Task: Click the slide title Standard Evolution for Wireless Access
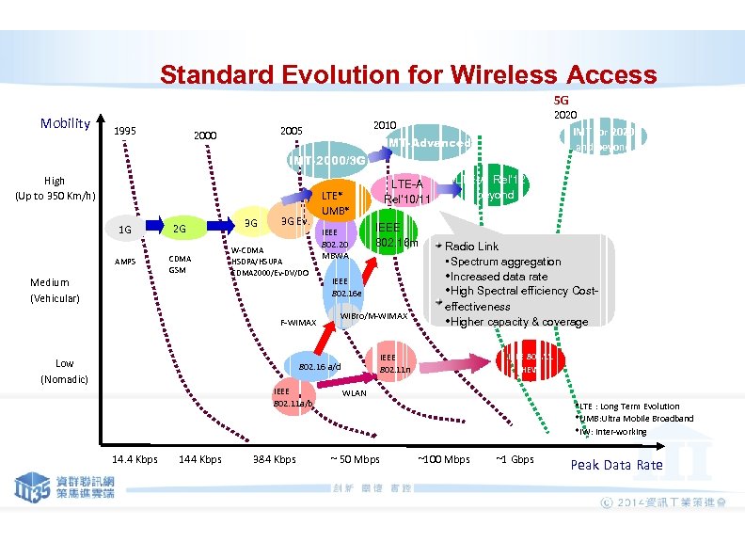[x=407, y=74]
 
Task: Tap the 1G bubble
[x=124, y=229]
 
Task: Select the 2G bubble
[x=178, y=229]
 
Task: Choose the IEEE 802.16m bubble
[x=389, y=234]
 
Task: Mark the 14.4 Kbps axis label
[x=135, y=459]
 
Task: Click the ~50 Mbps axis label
[x=355, y=459]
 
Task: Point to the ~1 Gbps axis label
[x=515, y=459]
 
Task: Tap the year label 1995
[x=123, y=132]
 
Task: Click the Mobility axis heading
[x=66, y=123]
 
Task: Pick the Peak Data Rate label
[x=616, y=465]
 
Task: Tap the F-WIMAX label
[x=299, y=323]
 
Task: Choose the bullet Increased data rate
[x=499, y=277]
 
